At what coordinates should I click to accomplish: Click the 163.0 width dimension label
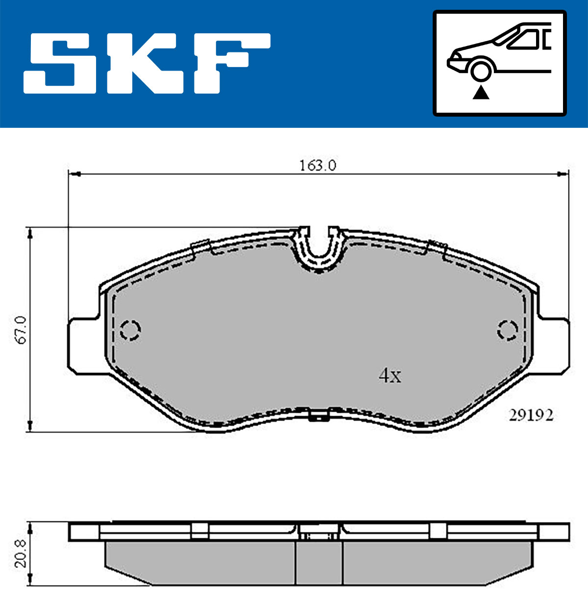(318, 166)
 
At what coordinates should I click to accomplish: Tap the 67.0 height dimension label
(21, 330)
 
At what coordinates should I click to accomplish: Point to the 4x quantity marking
(390, 375)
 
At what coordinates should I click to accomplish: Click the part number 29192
(531, 415)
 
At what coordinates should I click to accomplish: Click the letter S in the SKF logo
(60, 63)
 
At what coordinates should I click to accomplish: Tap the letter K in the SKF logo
(145, 63)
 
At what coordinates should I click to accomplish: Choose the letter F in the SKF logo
(232, 63)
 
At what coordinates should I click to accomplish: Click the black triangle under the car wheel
(481, 93)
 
